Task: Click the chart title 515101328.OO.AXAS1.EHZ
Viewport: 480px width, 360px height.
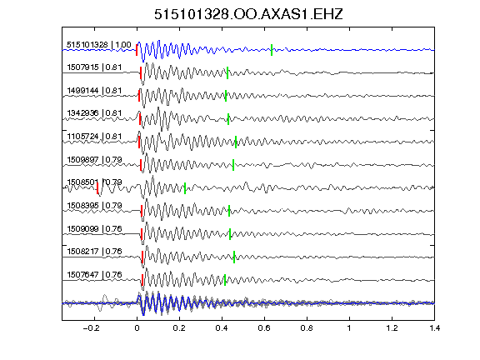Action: click(248, 14)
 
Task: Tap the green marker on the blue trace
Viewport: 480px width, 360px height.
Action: click(272, 50)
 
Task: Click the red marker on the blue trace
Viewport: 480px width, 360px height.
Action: click(137, 50)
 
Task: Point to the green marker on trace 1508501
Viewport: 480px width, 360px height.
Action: click(185, 188)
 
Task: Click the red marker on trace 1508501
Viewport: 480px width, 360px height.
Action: click(97, 188)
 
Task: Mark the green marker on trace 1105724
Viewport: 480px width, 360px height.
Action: click(236, 142)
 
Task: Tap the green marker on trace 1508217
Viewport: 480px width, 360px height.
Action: click(234, 257)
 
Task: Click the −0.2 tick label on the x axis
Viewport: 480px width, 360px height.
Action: click(91, 328)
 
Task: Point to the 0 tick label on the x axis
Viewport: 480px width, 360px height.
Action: click(137, 328)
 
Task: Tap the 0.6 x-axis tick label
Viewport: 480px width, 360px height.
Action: click(264, 328)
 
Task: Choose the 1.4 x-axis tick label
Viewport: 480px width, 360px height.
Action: click(434, 328)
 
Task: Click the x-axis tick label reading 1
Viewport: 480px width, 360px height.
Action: click(349, 328)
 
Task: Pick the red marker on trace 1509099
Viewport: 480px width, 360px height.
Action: click(142, 234)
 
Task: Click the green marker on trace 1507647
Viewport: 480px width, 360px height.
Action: click(225, 280)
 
